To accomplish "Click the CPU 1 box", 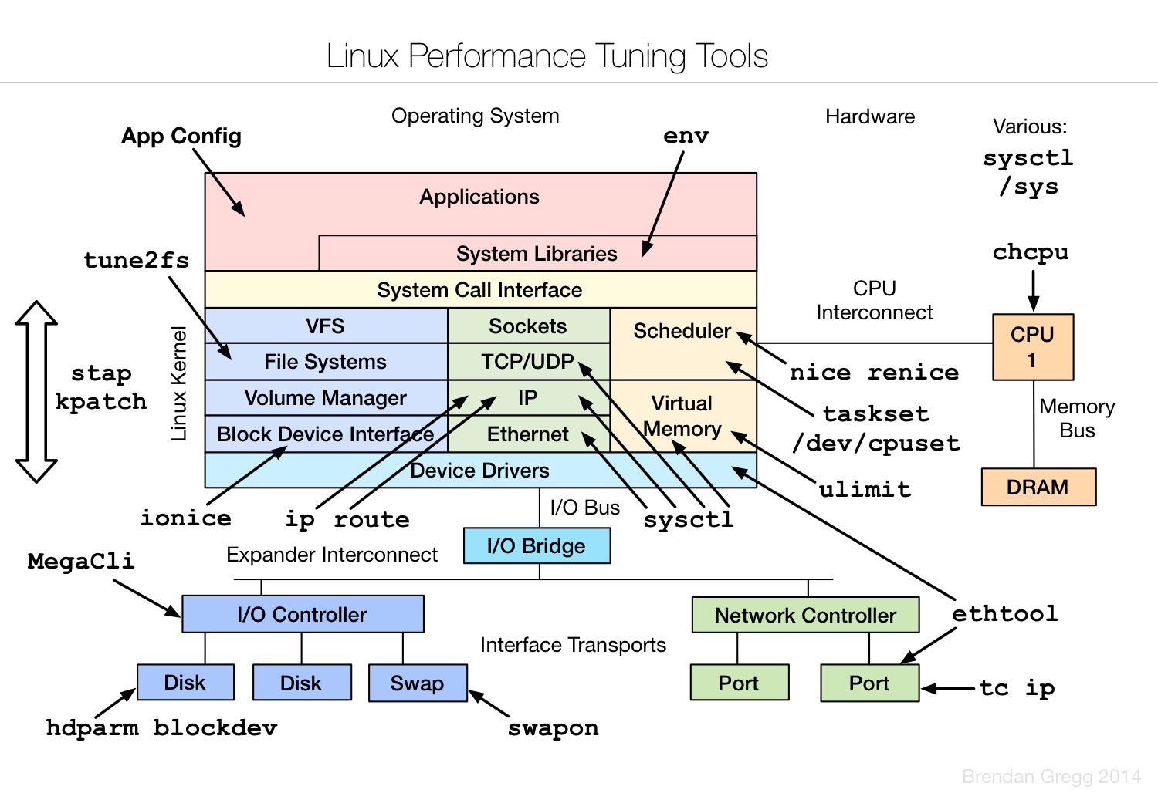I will point(1032,346).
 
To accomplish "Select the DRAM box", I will point(1038,487).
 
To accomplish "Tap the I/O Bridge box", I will point(537,545).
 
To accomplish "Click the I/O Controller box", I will point(303,614).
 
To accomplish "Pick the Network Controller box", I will point(805,615).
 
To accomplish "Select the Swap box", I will point(417,683).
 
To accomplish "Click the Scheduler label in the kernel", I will point(682,331).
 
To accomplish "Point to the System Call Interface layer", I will point(479,289).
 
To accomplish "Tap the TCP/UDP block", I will point(528,362).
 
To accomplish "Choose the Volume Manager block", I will point(325,398).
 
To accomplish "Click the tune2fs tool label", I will point(136,260).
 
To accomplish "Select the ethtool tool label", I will point(1004,613).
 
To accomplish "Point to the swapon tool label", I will point(553,727).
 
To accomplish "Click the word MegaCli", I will point(81,561).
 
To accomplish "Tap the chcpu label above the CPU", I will point(1031,252).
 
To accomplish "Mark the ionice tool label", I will point(185,518).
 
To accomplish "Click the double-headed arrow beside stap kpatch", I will point(36,391).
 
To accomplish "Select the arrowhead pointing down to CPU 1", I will point(1033,304).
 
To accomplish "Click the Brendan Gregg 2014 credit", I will point(1051,777).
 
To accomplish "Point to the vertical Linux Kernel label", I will point(179,383).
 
